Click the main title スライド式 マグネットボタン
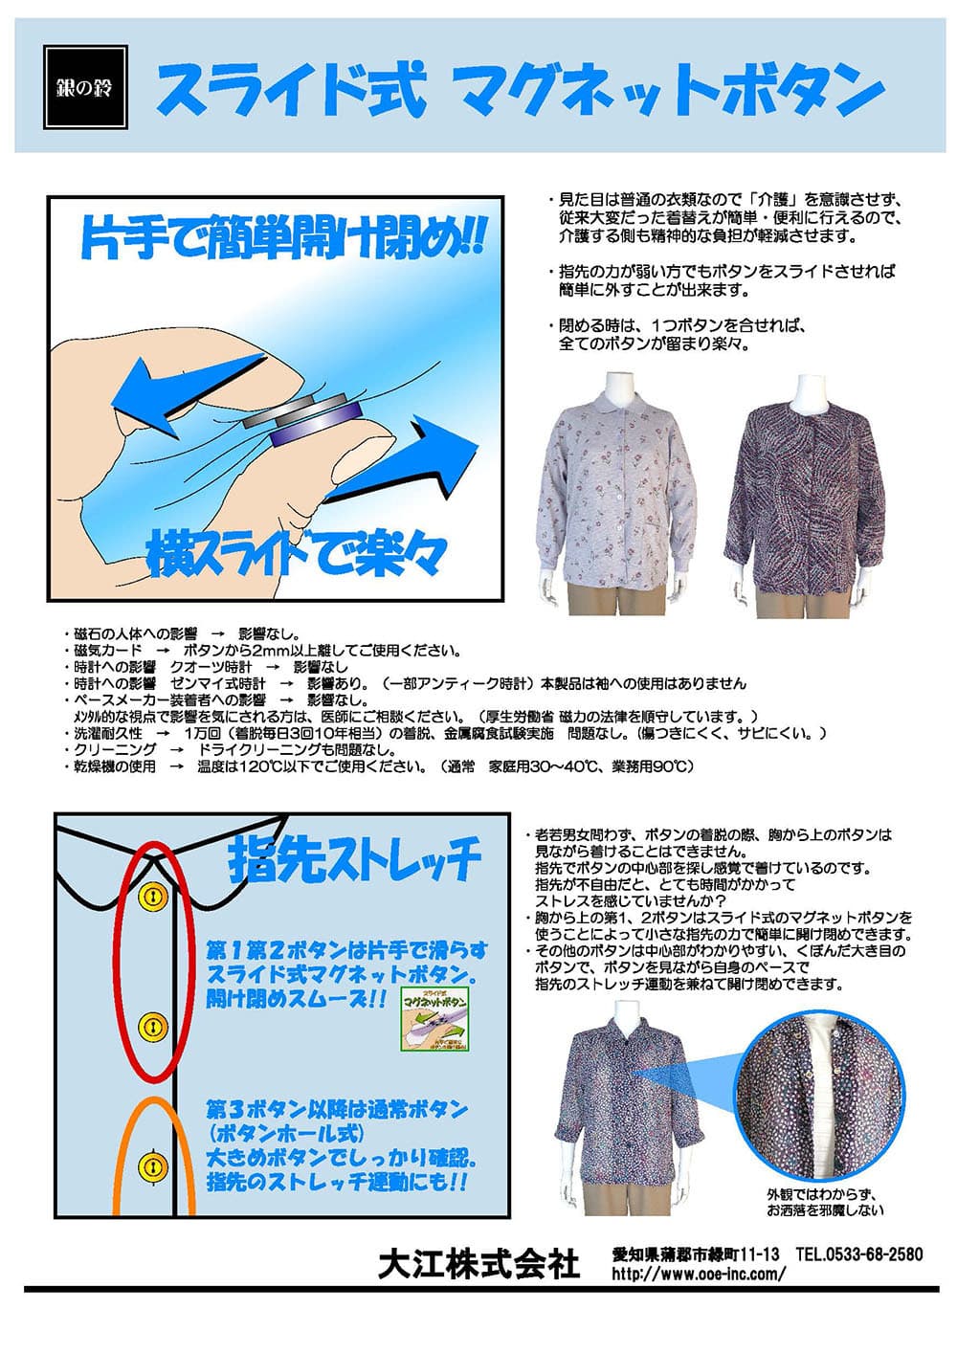pos(519,89)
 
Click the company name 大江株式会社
pos(478,1263)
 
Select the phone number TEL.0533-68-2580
pos(859,1253)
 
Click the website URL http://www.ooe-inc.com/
pos(699,1274)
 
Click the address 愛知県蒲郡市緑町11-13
pos(697,1253)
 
